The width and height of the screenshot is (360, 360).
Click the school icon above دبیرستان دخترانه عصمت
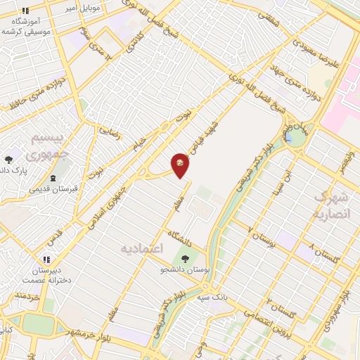[x=49, y=259]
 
